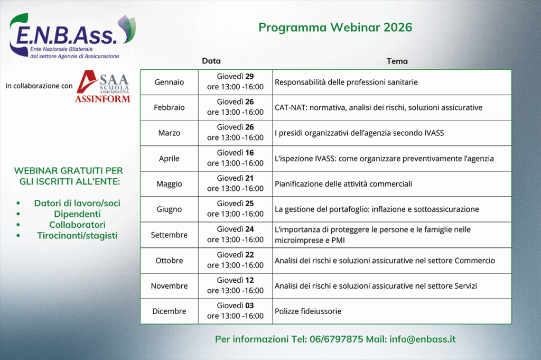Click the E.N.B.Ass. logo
click(72, 36)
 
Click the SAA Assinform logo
click(103, 87)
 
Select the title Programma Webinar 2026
click(335, 27)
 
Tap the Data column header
click(211, 61)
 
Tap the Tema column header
click(397, 61)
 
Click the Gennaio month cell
click(169, 82)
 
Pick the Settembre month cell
click(169, 235)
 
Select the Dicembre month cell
click(169, 311)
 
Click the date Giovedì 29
click(235, 76)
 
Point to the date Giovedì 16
click(235, 153)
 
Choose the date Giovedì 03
click(235, 306)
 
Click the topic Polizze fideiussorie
click(308, 311)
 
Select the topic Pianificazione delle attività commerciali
click(343, 183)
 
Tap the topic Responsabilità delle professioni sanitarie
click(346, 82)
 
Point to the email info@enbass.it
click(422, 339)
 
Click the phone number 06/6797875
click(337, 339)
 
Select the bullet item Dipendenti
click(77, 214)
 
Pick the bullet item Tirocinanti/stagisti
click(77, 235)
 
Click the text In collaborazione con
click(39, 86)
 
